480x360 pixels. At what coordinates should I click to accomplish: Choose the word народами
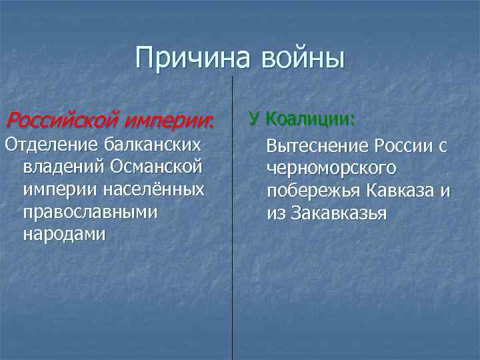[63, 235]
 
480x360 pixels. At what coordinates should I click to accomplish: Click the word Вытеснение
[317, 146]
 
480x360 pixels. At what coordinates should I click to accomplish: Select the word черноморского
[331, 169]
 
